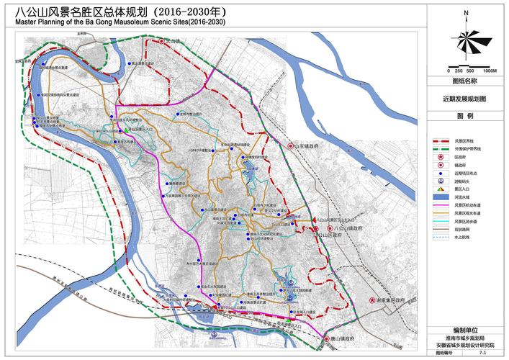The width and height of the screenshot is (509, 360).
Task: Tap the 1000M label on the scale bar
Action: (490, 71)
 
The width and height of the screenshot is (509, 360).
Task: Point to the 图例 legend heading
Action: (464, 116)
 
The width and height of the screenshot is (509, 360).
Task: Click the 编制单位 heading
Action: (464, 328)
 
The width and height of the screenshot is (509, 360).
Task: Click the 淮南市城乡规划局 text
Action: (465, 337)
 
